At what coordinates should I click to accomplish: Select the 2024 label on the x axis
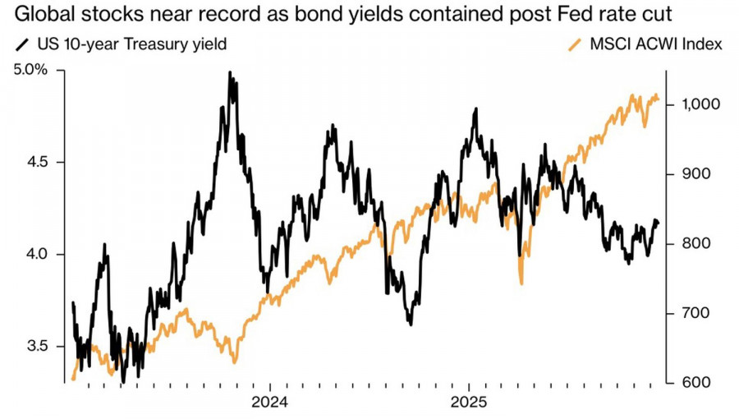click(x=270, y=403)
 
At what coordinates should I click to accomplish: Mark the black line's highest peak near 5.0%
click(x=230, y=72)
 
